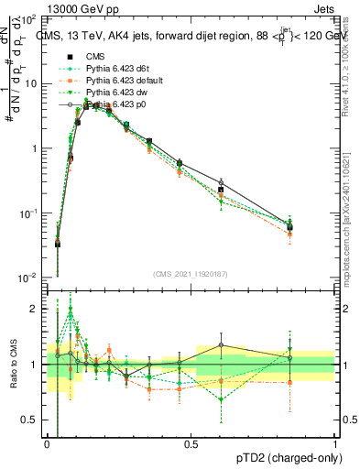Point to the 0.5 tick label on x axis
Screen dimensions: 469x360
click(191, 443)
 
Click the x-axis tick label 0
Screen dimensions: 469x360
click(47, 443)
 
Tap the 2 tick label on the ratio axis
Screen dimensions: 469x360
click(35, 310)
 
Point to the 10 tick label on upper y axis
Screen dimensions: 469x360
click(31, 83)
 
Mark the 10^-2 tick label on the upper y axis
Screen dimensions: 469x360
click(27, 278)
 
